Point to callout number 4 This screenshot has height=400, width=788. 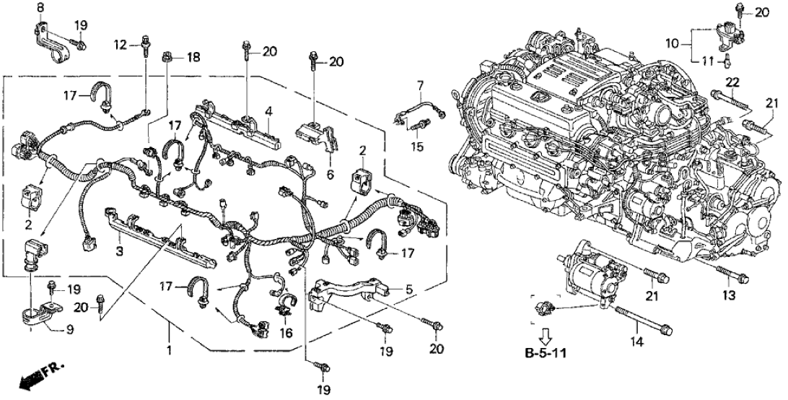point(268,111)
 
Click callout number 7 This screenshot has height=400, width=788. point(419,86)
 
